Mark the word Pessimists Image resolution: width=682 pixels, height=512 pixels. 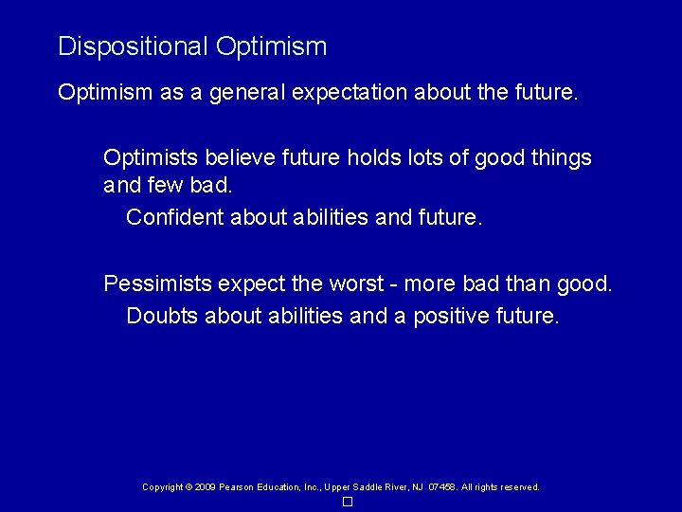click(x=157, y=283)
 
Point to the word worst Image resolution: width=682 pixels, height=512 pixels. click(x=353, y=283)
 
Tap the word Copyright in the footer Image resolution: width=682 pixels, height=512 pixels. click(x=162, y=487)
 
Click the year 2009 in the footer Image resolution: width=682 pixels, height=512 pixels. click(x=204, y=487)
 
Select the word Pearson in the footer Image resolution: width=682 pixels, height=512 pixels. click(x=236, y=487)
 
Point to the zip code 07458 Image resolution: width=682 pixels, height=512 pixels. click(x=442, y=487)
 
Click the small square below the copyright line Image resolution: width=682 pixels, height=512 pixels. click(x=348, y=502)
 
